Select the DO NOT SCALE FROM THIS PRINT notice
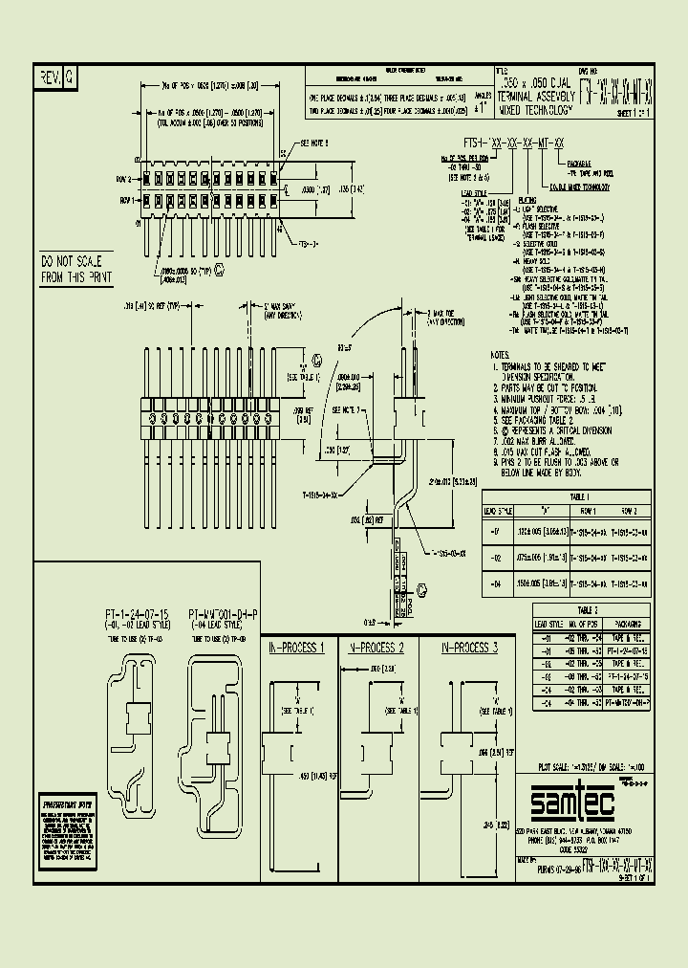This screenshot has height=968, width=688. click(76, 269)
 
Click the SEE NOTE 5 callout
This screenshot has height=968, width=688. click(314, 143)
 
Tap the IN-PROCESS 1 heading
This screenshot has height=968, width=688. click(299, 648)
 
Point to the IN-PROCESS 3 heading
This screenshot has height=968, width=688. click(469, 648)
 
